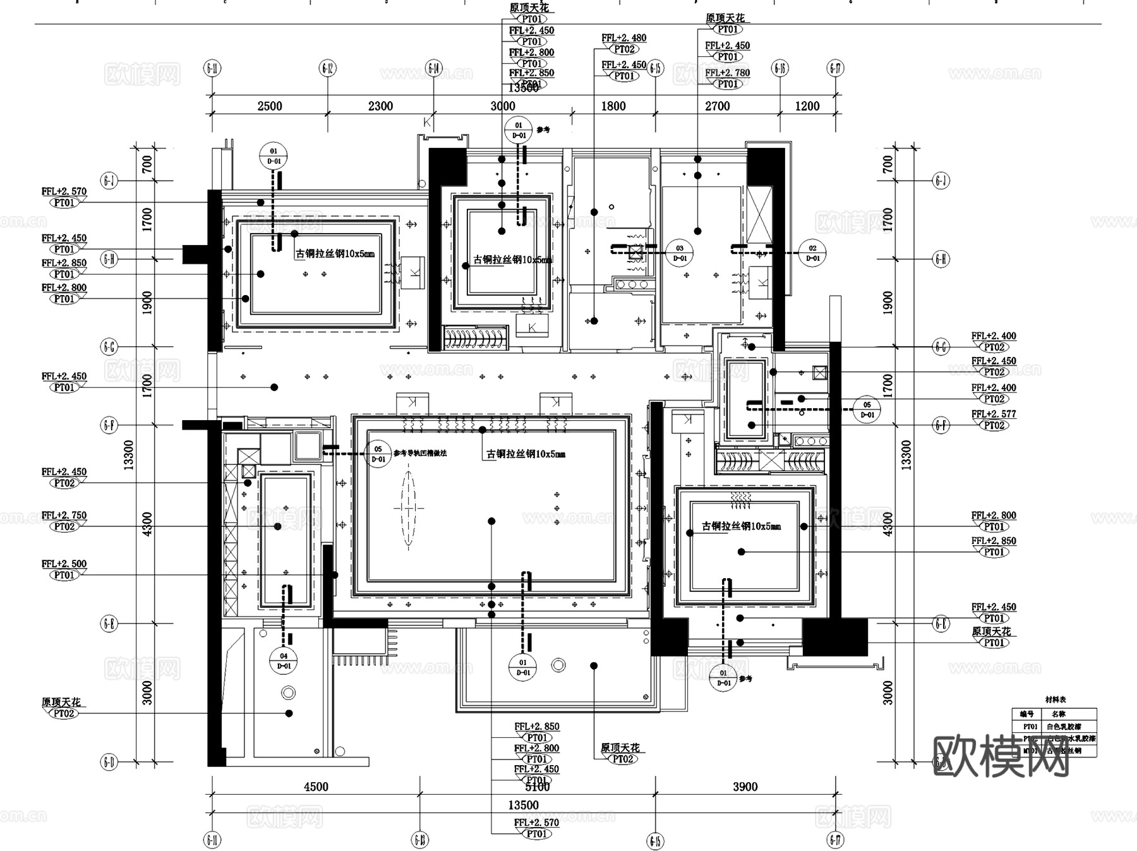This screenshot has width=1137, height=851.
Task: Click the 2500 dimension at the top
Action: pyautogui.click(x=270, y=106)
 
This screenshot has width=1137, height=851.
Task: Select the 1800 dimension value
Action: pyautogui.click(x=613, y=106)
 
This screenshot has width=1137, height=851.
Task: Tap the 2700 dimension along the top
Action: pyautogui.click(x=717, y=106)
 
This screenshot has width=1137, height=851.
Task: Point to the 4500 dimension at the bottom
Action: pyautogui.click(x=316, y=787)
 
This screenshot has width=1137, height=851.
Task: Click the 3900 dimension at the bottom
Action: pyautogui.click(x=745, y=787)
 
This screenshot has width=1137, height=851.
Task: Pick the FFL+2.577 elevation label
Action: pyautogui.click(x=994, y=414)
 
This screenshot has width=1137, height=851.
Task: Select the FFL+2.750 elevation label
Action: pyautogui.click(x=64, y=516)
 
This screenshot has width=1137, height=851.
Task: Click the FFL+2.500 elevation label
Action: pyautogui.click(x=64, y=564)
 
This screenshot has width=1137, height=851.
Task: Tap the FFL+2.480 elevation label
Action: pyautogui.click(x=623, y=38)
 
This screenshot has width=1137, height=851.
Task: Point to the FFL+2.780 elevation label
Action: pyautogui.click(x=727, y=73)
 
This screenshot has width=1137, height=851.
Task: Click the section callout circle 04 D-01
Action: pyautogui.click(x=284, y=661)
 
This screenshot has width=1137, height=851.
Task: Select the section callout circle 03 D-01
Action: pyautogui.click(x=680, y=253)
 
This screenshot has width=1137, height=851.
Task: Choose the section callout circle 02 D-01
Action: pyautogui.click(x=813, y=253)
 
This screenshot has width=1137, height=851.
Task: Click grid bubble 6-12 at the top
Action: pyautogui.click(x=327, y=68)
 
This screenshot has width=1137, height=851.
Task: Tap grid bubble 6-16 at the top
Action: pyautogui.click(x=780, y=68)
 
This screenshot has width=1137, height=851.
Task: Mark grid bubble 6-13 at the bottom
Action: pyautogui.click(x=420, y=840)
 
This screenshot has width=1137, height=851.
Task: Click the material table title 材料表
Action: pyautogui.click(x=1055, y=700)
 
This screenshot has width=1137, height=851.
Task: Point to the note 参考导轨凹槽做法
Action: pyautogui.click(x=419, y=453)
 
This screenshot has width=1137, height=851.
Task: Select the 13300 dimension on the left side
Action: pyautogui.click(x=129, y=455)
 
